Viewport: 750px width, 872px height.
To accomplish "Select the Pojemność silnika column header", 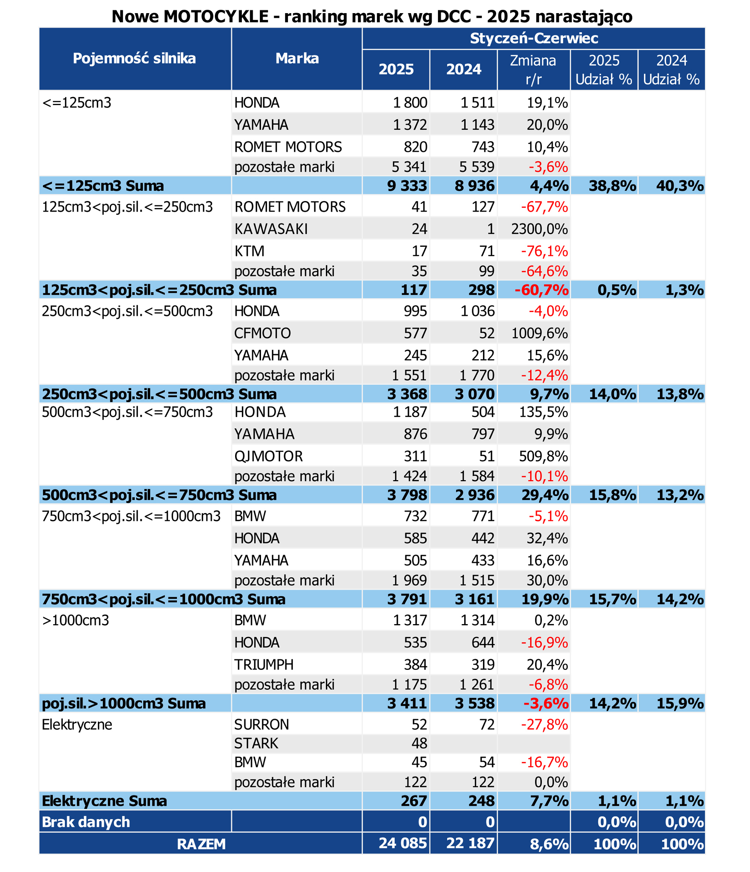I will pyautogui.click(x=134, y=59).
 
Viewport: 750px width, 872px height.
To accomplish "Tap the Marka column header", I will pyautogui.click(x=297, y=59).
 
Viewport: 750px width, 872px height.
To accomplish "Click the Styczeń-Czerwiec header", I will pyautogui.click(x=534, y=38).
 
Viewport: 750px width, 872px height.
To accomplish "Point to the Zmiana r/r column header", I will pyautogui.click(x=533, y=70).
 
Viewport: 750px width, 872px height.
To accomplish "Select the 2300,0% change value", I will pyautogui.click(x=539, y=229).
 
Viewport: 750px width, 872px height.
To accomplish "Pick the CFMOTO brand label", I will pyautogui.click(x=262, y=333).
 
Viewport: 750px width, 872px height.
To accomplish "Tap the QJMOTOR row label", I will pyautogui.click(x=268, y=456).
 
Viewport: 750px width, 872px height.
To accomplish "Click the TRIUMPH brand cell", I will pyautogui.click(x=264, y=665).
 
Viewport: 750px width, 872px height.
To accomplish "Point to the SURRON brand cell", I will pyautogui.click(x=261, y=724).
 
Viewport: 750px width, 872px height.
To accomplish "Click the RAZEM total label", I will pyautogui.click(x=201, y=844).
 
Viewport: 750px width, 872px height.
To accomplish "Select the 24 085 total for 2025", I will pyautogui.click(x=402, y=843).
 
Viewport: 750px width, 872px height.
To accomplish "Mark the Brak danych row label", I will pyautogui.click(x=86, y=822).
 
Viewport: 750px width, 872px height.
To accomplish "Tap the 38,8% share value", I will pyautogui.click(x=612, y=186).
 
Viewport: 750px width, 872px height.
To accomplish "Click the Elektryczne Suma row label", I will pyautogui.click(x=104, y=801).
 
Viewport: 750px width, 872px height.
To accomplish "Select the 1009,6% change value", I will pyautogui.click(x=539, y=333).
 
